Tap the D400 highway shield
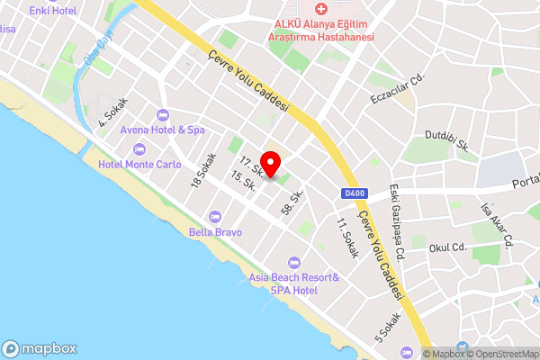point(353,191)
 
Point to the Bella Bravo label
point(215,231)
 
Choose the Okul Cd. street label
point(447,247)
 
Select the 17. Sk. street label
point(251,164)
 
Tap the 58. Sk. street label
point(292,201)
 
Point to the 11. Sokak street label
point(346,233)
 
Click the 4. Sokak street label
point(114,112)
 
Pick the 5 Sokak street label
point(388,328)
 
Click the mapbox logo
point(40,348)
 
